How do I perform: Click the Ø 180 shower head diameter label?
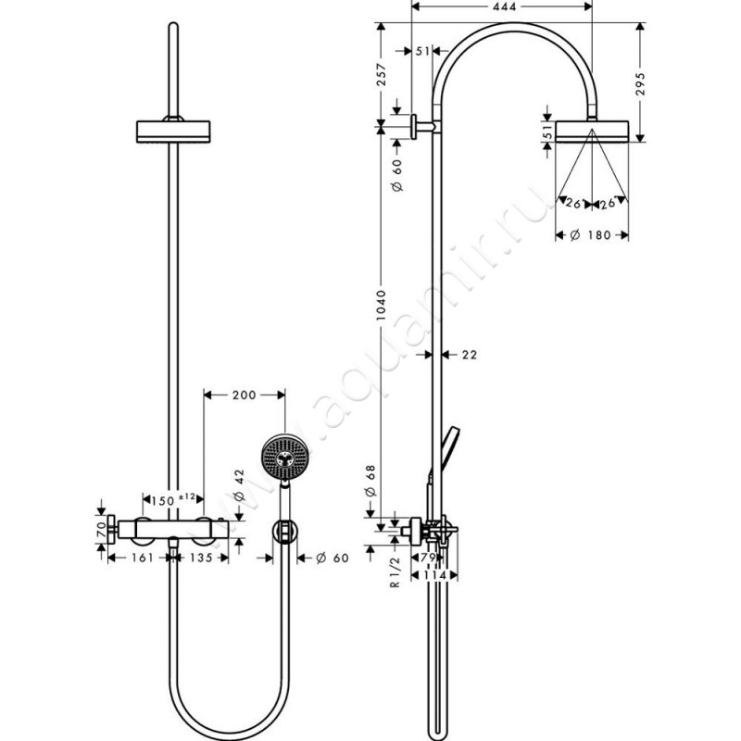click(x=590, y=236)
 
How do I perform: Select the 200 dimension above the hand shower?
click(x=244, y=396)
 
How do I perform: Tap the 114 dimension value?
click(x=433, y=575)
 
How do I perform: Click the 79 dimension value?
click(x=429, y=558)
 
